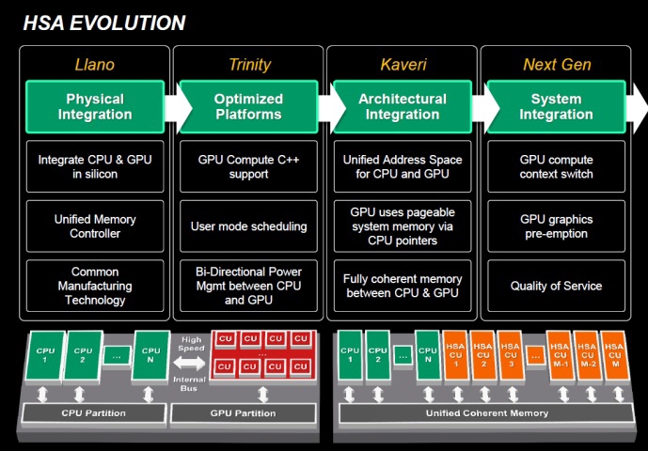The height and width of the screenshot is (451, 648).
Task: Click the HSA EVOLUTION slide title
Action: coord(104,23)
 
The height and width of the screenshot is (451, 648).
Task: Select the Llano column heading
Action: coord(95,65)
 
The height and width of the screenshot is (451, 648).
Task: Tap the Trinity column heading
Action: coord(249,65)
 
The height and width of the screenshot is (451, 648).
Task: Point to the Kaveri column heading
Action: coord(403,65)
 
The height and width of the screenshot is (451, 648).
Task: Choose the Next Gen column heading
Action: coord(557,65)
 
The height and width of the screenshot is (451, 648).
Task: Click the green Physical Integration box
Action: coord(95,106)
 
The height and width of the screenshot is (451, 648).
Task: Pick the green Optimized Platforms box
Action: coord(249,106)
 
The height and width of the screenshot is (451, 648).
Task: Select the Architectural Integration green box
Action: coord(403,106)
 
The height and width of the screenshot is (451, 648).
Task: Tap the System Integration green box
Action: coord(556,106)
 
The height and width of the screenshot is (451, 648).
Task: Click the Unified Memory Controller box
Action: coord(95,226)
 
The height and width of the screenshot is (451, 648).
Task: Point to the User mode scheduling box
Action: coord(249,226)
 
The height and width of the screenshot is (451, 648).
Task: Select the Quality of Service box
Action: coord(556,286)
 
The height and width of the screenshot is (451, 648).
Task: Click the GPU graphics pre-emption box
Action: coord(556,226)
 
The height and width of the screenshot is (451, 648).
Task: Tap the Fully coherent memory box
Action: coord(403,286)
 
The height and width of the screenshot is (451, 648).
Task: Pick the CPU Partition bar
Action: coord(94,413)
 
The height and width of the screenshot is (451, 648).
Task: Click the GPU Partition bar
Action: coord(243,413)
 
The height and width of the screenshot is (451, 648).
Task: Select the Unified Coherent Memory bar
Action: coord(487,413)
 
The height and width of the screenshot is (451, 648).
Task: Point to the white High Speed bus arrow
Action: coord(189,364)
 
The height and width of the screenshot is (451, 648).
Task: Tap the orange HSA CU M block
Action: coord(615,355)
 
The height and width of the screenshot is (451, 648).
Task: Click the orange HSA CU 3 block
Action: coord(511,355)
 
